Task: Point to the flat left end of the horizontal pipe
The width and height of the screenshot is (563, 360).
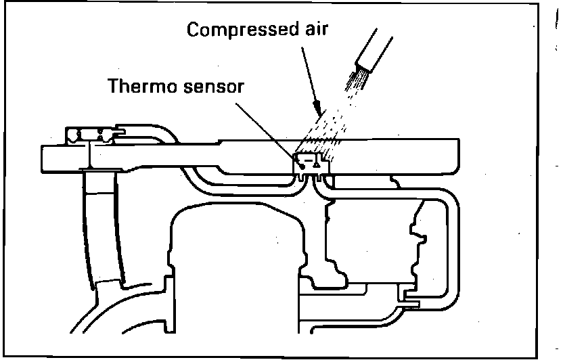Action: pyautogui.click(x=43, y=157)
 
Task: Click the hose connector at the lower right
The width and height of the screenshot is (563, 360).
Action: pyautogui.click(x=409, y=298)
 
